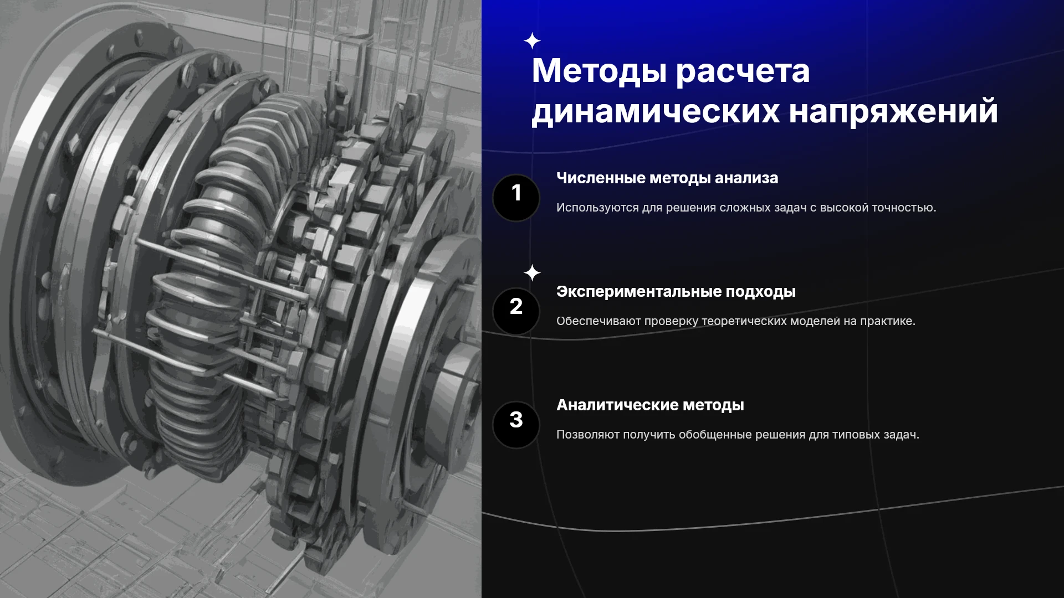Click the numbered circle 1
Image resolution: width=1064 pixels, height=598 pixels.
click(x=516, y=198)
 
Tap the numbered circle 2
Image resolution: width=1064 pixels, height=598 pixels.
click(x=516, y=311)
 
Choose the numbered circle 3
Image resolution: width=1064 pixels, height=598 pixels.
click(x=516, y=425)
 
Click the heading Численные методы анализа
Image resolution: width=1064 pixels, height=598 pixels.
click(x=667, y=178)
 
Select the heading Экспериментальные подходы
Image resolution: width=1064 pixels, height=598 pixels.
click(x=676, y=292)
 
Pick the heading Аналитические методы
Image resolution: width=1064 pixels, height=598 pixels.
click(x=650, y=405)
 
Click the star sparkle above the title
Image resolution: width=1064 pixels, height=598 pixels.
click(x=532, y=41)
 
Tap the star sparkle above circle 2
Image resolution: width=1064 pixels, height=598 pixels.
click(x=532, y=273)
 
